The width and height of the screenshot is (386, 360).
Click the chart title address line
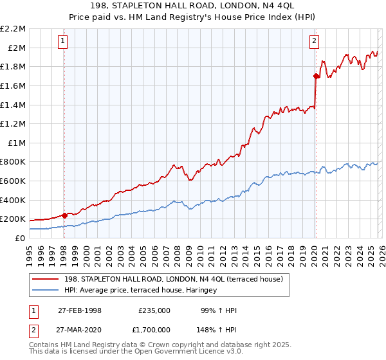(193, 6)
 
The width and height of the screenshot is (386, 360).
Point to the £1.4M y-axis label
(13, 105)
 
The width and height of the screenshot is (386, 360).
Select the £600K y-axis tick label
(13, 181)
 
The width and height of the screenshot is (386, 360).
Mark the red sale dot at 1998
(65, 215)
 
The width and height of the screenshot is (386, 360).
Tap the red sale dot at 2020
(316, 76)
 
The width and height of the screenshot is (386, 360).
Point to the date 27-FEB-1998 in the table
(80, 310)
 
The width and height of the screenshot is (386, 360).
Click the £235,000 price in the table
(154, 310)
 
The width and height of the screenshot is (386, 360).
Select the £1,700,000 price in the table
(152, 332)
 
